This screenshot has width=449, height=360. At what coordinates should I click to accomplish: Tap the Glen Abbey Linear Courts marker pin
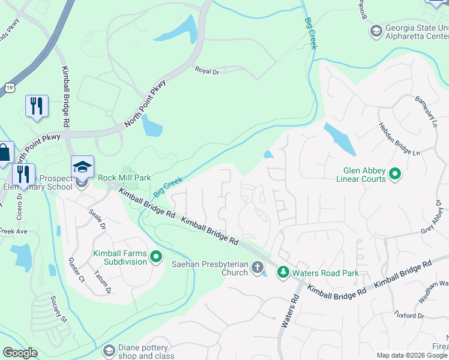[394, 175]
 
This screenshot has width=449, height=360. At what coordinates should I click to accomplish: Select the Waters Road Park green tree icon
[283, 272]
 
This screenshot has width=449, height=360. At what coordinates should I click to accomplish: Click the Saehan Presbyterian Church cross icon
[258, 267]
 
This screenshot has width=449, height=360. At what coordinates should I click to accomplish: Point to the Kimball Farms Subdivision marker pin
[156, 258]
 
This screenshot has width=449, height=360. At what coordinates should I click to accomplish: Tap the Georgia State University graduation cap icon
[376, 31]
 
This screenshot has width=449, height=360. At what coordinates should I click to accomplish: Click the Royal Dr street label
[207, 70]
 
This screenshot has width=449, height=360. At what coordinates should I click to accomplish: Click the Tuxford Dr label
[409, 314]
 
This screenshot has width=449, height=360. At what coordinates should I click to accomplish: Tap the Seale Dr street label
[97, 220]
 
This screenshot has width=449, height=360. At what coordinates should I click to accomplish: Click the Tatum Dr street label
[102, 283]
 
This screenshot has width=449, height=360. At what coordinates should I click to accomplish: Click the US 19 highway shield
[9, 88]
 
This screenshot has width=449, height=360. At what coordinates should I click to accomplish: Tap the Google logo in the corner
[20, 353]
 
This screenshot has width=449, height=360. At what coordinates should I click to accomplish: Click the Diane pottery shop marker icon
[109, 350]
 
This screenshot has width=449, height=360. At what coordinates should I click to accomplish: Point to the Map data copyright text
[412, 355]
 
